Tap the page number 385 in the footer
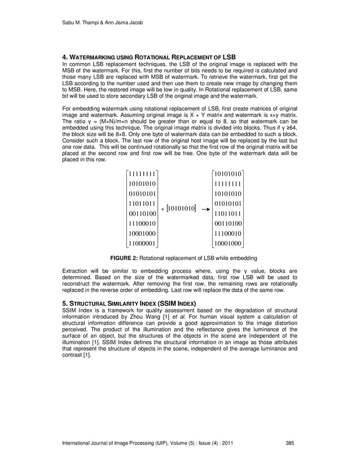click(291, 442)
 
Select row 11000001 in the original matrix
click(142, 243)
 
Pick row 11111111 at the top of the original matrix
click(142, 173)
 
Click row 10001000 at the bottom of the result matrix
click(228, 243)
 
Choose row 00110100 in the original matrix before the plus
click(142, 213)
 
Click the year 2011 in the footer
click(227, 442)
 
